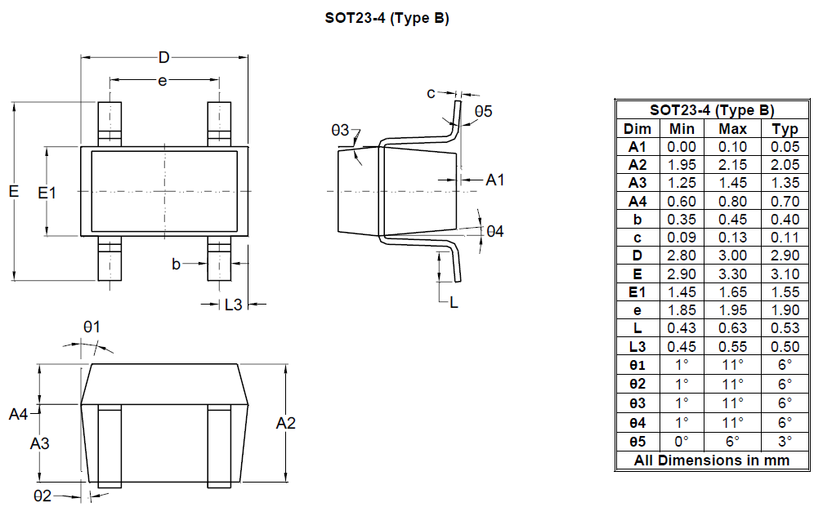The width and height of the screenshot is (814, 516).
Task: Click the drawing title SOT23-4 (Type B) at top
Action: (x=387, y=18)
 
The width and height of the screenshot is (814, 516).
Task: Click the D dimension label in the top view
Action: (x=164, y=58)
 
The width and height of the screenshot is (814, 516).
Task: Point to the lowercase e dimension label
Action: (x=163, y=82)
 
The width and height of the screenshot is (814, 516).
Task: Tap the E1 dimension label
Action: (x=47, y=193)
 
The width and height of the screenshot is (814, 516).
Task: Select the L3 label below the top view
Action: (x=234, y=305)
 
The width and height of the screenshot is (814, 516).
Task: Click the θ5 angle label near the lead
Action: (x=483, y=111)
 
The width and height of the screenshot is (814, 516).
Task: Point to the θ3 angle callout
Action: (x=340, y=130)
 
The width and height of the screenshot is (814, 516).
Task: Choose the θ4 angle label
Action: (x=494, y=231)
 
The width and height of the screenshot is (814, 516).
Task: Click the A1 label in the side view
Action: (x=494, y=180)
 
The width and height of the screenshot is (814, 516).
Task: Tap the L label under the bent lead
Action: (x=454, y=303)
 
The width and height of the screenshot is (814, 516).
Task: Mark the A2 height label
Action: (x=285, y=423)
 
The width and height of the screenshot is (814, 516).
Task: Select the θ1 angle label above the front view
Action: (x=92, y=327)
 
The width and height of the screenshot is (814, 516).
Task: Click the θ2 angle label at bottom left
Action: (x=42, y=496)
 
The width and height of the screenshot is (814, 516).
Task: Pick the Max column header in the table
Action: (x=732, y=129)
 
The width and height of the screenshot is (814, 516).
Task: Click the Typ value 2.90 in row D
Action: (x=785, y=256)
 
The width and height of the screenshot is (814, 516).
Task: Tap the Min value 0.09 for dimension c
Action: (x=682, y=238)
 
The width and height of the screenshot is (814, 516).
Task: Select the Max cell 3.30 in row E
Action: (x=732, y=274)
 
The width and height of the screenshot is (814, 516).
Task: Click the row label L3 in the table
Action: (x=637, y=346)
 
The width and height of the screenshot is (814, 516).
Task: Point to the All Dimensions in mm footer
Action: (x=712, y=460)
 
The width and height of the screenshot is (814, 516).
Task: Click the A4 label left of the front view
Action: (x=18, y=415)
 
